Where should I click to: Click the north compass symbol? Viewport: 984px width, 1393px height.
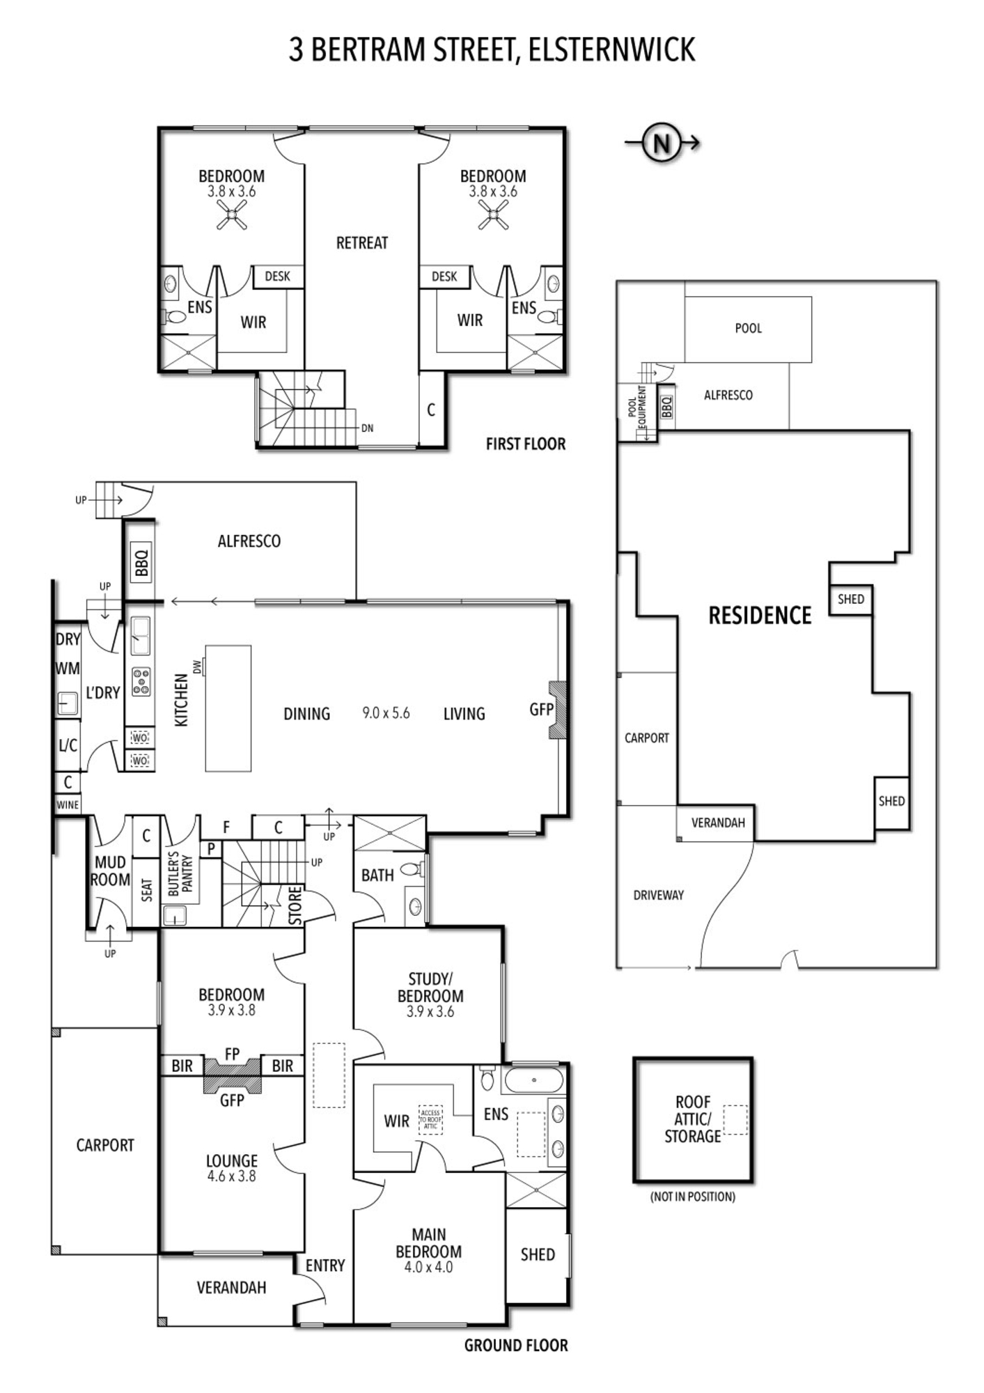click(661, 143)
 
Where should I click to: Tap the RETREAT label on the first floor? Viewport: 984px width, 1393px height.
click(361, 243)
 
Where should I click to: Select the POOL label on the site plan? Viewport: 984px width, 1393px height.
click(749, 328)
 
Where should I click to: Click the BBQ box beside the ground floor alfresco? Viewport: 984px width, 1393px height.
click(141, 564)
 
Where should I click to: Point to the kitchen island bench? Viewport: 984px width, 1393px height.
click(228, 708)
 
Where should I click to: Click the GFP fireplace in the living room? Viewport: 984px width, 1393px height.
click(558, 709)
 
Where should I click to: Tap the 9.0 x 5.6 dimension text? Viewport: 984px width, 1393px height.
click(386, 713)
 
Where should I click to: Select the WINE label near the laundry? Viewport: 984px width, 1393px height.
click(68, 804)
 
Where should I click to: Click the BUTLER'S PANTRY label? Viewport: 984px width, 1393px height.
click(180, 873)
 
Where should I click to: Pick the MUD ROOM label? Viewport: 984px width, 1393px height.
click(110, 871)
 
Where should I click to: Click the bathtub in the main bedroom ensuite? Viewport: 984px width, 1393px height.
click(533, 1080)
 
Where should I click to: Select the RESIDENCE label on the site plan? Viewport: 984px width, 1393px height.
click(760, 616)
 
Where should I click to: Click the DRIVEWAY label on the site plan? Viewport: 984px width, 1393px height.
click(658, 895)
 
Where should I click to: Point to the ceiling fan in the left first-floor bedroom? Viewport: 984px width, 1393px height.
click(232, 215)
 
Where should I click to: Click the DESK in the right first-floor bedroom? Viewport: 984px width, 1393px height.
click(444, 277)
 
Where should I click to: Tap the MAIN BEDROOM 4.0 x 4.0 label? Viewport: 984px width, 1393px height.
click(428, 1252)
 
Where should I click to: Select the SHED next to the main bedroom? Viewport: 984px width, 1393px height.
click(538, 1255)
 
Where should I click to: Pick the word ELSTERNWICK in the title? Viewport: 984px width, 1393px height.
click(612, 49)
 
